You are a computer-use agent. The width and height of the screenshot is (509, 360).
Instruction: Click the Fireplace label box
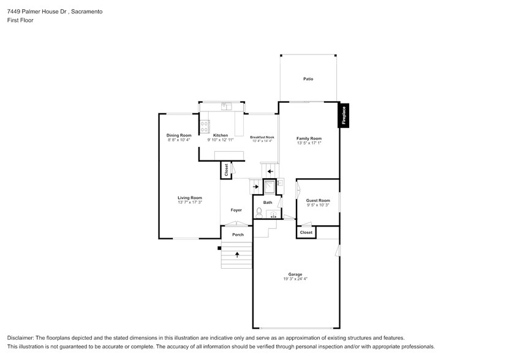(x=344, y=115)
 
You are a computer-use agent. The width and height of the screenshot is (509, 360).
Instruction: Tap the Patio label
(x=308, y=79)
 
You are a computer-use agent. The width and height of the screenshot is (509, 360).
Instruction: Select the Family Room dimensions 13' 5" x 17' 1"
(x=309, y=143)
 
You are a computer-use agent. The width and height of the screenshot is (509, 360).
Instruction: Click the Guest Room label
(x=318, y=200)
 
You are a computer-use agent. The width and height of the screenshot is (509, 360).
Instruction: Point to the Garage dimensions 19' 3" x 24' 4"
(x=296, y=279)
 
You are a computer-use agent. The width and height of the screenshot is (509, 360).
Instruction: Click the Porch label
(x=238, y=234)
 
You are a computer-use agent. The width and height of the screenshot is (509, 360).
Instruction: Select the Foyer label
(x=236, y=210)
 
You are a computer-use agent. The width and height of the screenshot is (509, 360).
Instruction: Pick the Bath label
(x=268, y=202)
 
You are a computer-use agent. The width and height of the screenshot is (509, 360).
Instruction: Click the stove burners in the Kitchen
(x=205, y=127)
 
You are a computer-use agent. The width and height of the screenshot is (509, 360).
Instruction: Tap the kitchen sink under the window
(x=225, y=107)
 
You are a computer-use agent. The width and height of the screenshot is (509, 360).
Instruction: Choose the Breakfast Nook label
(x=262, y=137)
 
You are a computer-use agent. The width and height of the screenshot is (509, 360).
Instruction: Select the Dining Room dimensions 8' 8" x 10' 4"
(x=179, y=140)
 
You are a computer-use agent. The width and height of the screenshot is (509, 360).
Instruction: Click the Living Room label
(x=190, y=198)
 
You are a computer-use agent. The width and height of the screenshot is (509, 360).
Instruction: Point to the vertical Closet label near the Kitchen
(x=226, y=170)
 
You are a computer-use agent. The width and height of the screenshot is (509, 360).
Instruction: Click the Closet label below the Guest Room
(x=306, y=233)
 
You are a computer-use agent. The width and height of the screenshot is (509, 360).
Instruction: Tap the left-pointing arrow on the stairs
(x=270, y=171)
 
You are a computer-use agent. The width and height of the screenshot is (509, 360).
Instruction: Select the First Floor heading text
(x=20, y=20)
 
